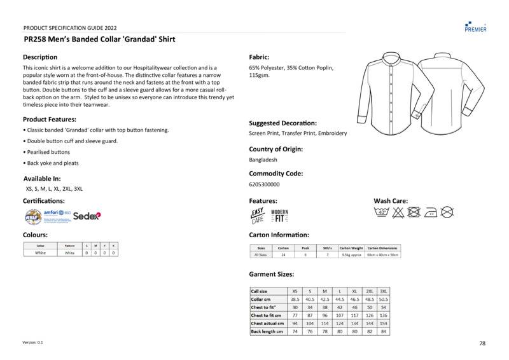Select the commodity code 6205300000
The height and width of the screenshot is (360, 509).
coord(264,184)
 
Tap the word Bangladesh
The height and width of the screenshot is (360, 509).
coord(263,160)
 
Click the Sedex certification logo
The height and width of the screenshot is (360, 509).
coord(87,216)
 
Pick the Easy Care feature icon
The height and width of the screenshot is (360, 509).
coord(258,216)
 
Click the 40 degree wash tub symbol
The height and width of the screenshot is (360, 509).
coord(382,212)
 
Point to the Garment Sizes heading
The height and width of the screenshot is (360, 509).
coord(271,274)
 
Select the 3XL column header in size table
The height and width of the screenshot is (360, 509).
coord(384,291)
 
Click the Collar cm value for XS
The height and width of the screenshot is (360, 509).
coord(295,299)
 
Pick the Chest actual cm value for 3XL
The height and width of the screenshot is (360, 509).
coord(384,323)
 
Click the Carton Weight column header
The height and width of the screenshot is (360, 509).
coord(351,247)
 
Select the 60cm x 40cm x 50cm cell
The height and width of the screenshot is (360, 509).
coord(383,254)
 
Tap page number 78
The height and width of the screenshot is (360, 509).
coord(482,343)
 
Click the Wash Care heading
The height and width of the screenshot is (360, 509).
coord(391,201)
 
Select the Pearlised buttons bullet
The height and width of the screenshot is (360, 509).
coord(48,152)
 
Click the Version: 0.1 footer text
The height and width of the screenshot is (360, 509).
coord(33,342)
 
